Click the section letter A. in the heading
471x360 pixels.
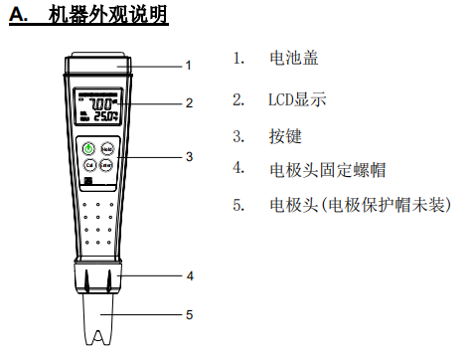point(19,17)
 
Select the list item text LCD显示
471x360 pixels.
point(297,99)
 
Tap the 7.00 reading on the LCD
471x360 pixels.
point(100,102)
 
